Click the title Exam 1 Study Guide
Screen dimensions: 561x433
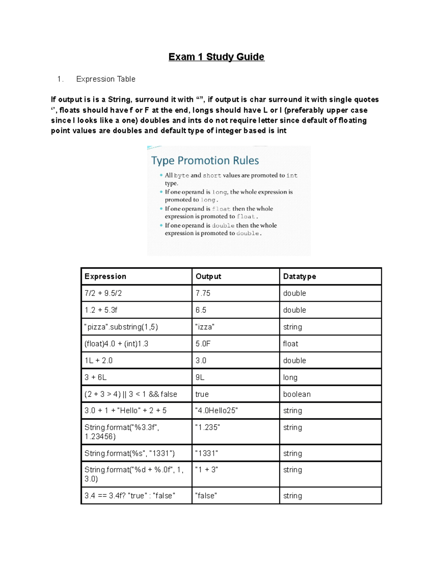tap(216, 57)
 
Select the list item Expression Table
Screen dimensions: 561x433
tap(105, 79)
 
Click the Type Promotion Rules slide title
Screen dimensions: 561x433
tap(205, 160)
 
